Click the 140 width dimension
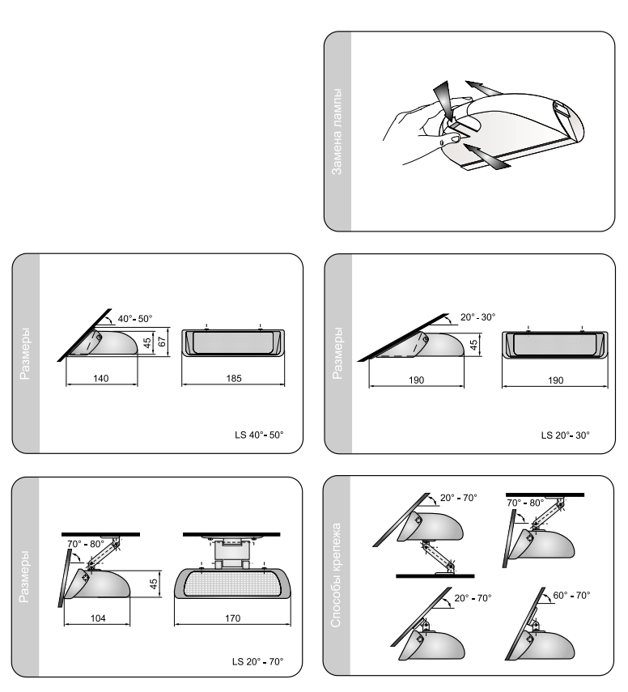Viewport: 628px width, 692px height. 100,378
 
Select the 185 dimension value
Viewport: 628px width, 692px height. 234,378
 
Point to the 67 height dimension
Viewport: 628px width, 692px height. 162,342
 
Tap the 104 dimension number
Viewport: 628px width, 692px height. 98,618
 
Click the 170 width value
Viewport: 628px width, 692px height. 232,618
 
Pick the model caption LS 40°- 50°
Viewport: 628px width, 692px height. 259,435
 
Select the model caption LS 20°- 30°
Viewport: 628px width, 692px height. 566,435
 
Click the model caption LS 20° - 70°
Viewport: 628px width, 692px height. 257,661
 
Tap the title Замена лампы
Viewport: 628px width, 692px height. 337,131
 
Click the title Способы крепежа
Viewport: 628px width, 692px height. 336,575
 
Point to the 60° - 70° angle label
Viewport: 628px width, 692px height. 571,596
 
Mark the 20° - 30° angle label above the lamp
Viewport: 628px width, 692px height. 478,317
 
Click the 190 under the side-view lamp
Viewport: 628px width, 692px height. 416,380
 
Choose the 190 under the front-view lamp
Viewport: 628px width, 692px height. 556,380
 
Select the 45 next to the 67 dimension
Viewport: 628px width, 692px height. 147,342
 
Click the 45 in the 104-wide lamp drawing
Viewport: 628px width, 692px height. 154,584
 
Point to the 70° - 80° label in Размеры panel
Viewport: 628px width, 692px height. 86,544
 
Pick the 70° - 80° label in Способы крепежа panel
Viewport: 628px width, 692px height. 525,503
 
